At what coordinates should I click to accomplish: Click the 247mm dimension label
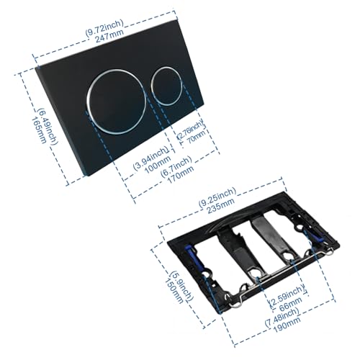click(x=109, y=36)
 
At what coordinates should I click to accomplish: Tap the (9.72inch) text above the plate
click(x=104, y=28)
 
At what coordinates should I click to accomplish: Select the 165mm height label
click(x=39, y=130)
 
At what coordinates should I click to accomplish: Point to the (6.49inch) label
click(x=48, y=127)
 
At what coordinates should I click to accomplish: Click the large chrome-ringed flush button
click(x=116, y=102)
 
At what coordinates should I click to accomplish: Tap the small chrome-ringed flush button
click(x=166, y=86)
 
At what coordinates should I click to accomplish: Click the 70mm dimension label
click(x=197, y=137)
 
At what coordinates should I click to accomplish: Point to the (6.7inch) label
click(x=176, y=166)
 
